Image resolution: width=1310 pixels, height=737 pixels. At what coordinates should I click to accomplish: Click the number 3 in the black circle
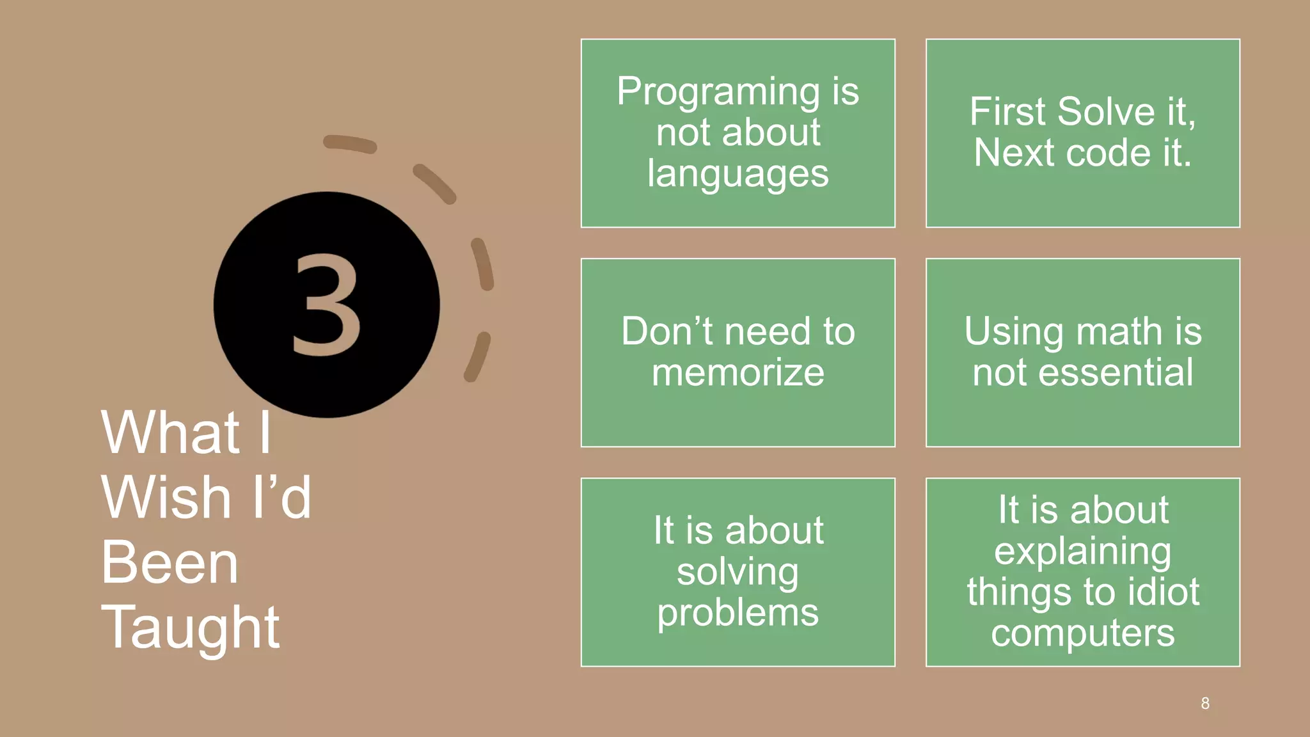point(327,305)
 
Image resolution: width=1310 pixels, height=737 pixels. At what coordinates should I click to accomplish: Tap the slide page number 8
point(1205,704)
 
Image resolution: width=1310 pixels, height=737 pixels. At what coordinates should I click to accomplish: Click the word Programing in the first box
point(718,92)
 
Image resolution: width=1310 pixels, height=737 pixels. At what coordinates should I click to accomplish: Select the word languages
point(738,174)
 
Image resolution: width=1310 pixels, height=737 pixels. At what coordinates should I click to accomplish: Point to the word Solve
point(1106,111)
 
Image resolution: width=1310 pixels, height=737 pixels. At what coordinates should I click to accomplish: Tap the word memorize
point(738,372)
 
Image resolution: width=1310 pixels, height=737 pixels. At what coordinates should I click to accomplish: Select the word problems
point(738,613)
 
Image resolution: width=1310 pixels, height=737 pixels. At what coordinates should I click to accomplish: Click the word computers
point(1082,633)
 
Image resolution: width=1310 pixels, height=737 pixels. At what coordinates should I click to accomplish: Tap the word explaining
point(1082,551)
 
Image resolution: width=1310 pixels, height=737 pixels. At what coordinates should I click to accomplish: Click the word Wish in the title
point(166,497)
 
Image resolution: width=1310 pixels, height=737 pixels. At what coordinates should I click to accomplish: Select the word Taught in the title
point(190,628)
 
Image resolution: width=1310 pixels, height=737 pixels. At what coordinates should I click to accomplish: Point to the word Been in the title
point(170,562)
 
